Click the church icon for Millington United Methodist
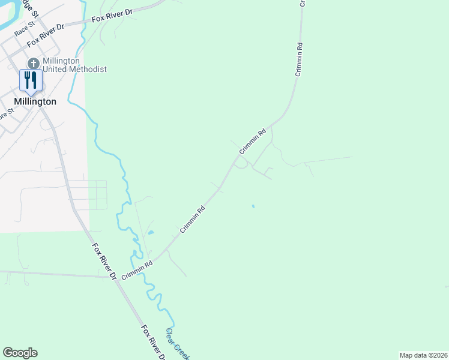point(34,63)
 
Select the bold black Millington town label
point(35,101)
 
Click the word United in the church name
point(58,69)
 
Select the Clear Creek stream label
point(178,344)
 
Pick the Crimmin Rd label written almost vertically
point(298,59)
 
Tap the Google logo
point(20,353)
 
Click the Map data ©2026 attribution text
point(423,355)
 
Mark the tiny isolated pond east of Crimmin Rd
point(253,206)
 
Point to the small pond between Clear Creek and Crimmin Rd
point(150,233)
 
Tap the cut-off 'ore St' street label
point(6,113)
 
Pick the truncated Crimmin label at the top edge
point(303,3)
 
